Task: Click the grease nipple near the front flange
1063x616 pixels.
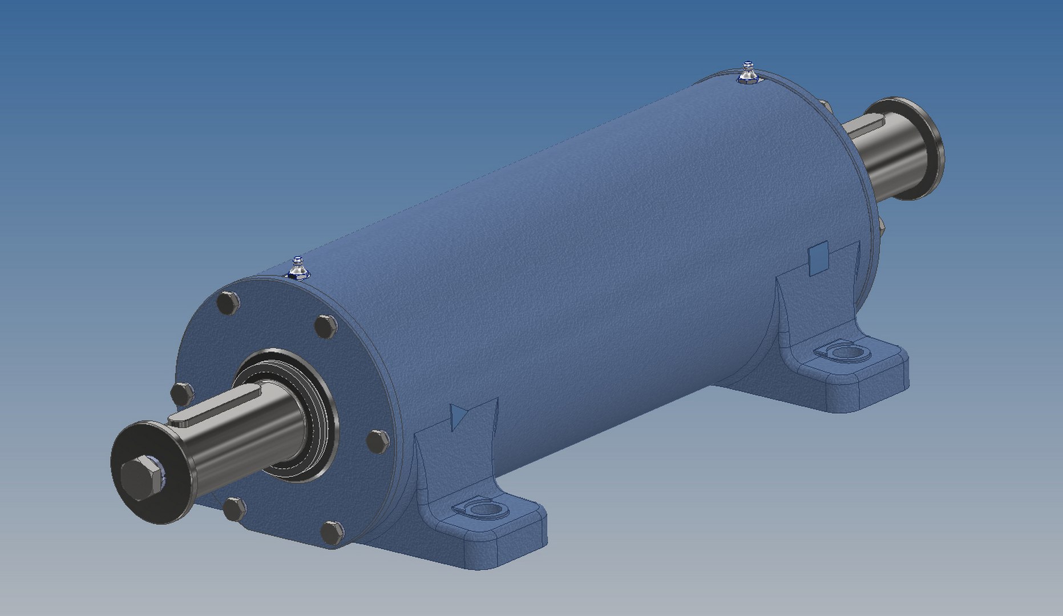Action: click(x=297, y=268)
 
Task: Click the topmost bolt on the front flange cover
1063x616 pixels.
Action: click(x=228, y=303)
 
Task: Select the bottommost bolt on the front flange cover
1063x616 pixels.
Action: click(x=332, y=533)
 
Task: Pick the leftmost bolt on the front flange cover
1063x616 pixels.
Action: click(x=182, y=394)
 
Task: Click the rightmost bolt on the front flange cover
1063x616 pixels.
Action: click(x=377, y=441)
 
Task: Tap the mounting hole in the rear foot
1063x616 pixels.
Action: click(x=844, y=351)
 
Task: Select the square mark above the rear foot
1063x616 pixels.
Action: click(x=819, y=256)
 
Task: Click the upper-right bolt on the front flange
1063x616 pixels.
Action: click(x=326, y=327)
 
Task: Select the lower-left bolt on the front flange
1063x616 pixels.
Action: click(x=234, y=509)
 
